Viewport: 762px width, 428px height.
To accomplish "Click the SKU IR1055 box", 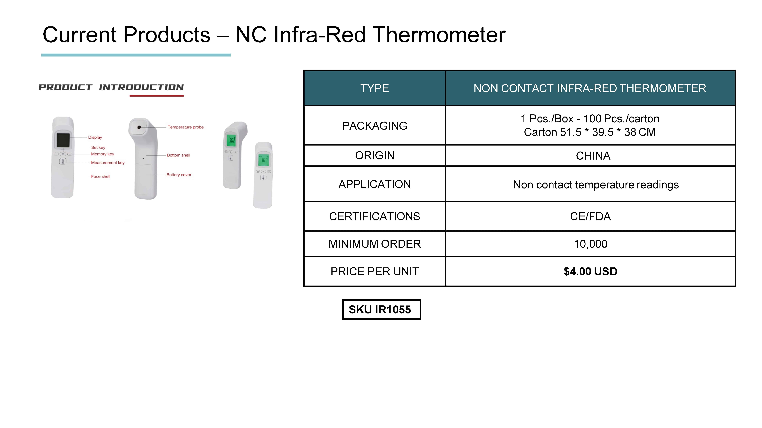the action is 381,309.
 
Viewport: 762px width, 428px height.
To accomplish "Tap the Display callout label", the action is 95,137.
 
